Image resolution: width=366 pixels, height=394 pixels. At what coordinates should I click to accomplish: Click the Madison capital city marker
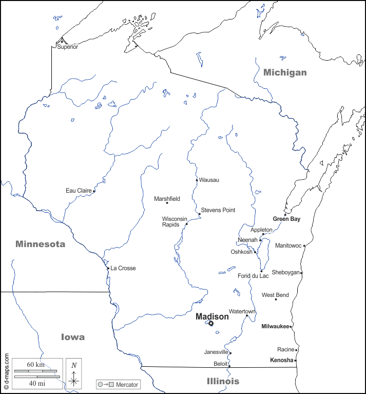pos(210,324)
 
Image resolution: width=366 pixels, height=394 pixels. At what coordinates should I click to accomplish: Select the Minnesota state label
pos(40,244)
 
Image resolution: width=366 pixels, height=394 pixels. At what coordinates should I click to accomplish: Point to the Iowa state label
pos(73,337)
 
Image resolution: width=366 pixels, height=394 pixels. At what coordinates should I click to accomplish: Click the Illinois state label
pos(223,381)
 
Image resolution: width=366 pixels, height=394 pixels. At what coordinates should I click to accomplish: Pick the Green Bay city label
pos(286,219)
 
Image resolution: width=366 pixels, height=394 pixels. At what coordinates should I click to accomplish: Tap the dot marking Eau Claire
pos(94,191)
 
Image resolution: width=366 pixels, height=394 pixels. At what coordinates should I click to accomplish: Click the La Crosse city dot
pos(108,268)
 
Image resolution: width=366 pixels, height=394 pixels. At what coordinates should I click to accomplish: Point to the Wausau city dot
pos(197,180)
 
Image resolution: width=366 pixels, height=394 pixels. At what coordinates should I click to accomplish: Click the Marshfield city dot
pos(167,203)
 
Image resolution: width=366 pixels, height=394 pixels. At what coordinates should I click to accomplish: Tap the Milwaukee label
pos(275,326)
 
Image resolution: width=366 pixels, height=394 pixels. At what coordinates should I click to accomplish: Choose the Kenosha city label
pos(281,360)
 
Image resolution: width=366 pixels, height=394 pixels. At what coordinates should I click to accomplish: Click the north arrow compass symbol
pos(74,373)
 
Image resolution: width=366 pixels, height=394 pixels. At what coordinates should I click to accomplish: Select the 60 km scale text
pos(36,364)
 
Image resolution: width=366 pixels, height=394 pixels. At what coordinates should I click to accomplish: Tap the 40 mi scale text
pos(36,383)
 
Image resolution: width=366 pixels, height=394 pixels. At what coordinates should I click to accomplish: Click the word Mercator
pos(127,384)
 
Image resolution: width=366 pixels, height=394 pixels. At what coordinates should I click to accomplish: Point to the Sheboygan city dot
pos(301,273)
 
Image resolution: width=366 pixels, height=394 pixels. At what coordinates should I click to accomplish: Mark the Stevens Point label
pos(218,210)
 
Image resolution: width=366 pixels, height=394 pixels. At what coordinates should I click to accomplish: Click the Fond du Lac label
pos(253,276)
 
